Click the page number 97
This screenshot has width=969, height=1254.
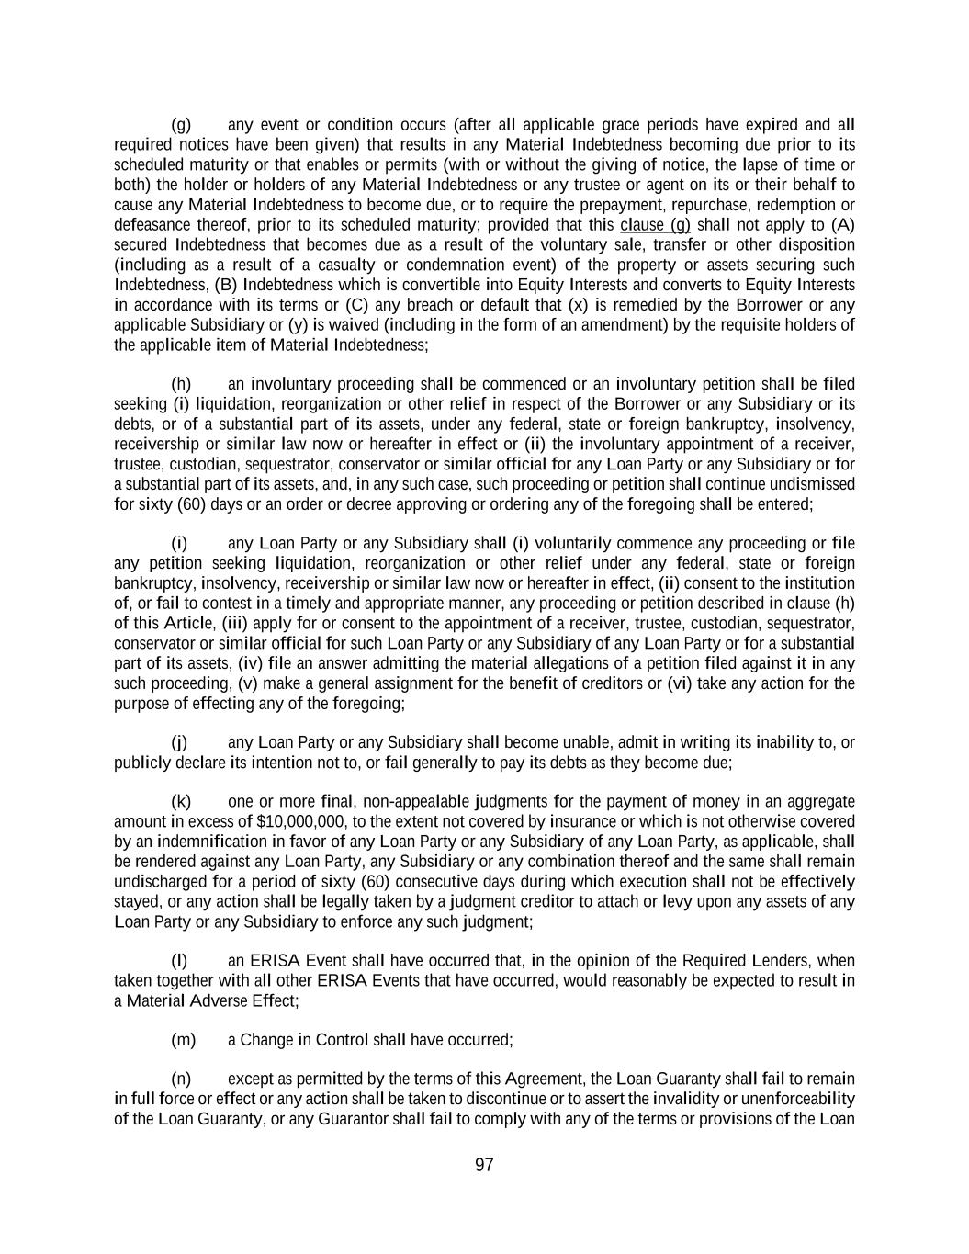(x=484, y=1165)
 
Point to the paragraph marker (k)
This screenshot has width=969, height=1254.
(x=181, y=801)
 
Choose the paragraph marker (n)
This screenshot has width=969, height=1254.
(x=181, y=1079)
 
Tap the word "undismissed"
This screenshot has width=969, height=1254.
(x=812, y=484)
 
